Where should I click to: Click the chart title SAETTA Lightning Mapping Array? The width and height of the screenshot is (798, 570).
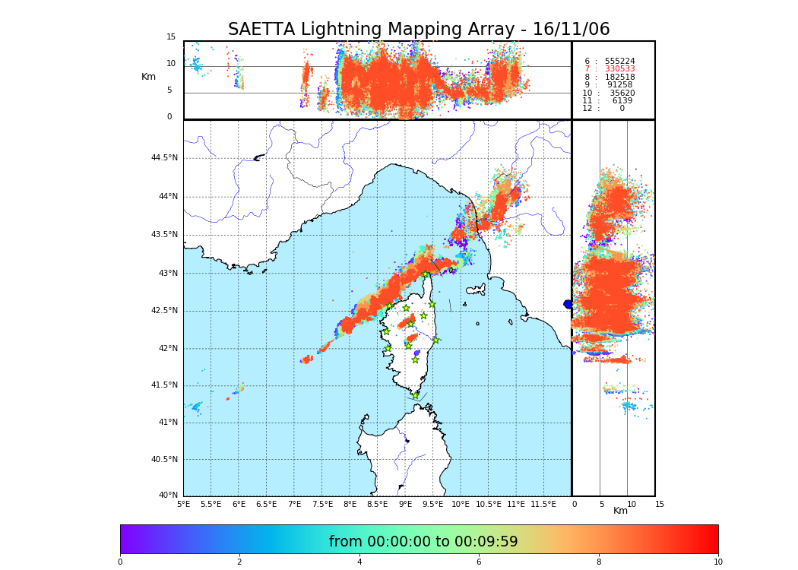(419, 30)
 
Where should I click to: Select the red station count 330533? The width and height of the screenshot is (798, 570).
(619, 69)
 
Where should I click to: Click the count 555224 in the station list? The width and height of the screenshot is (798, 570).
(619, 61)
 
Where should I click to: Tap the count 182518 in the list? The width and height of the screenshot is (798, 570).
(619, 77)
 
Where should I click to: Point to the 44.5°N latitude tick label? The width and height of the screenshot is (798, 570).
(164, 158)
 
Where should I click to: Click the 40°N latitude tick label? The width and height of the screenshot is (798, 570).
(168, 496)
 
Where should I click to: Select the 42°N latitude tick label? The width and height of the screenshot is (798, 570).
(168, 348)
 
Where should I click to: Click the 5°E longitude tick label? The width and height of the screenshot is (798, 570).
(184, 504)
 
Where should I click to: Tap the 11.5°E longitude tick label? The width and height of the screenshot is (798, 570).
(543, 504)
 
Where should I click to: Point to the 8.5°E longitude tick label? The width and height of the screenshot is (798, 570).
(377, 504)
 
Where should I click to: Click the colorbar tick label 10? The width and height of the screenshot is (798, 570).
(717, 562)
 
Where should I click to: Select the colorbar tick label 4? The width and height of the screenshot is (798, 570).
(359, 562)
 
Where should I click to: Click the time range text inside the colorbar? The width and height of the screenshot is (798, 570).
(423, 542)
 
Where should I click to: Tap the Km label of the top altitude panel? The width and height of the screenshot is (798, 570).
(148, 77)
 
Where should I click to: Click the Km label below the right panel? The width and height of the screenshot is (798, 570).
(621, 511)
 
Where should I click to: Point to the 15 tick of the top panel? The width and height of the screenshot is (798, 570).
(171, 37)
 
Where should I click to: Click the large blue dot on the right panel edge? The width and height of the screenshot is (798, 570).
(568, 304)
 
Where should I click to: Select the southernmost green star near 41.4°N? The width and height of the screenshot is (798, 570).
(415, 395)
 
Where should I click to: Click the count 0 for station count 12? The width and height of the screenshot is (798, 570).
(622, 109)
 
